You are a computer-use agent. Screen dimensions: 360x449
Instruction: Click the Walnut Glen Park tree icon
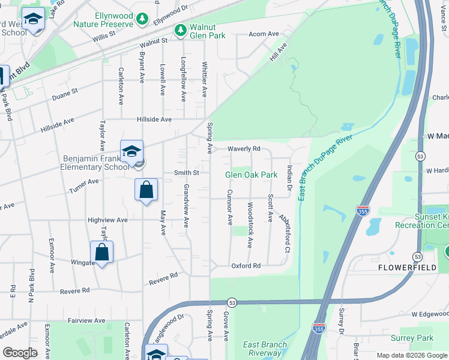pos(179,29)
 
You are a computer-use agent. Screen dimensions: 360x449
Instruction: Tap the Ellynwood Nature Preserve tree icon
pos(142,20)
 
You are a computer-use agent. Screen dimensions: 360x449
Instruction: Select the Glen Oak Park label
pos(252,175)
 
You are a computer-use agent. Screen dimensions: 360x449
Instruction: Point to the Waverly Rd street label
pos(244,149)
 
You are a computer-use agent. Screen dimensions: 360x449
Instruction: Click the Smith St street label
pos(187,173)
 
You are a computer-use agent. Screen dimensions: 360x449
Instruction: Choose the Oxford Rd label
pos(246,265)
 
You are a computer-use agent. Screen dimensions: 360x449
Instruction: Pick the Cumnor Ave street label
pos(229,208)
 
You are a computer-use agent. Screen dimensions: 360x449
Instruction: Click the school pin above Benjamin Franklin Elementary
pos(131,152)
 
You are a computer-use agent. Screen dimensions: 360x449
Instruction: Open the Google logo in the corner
pos(20,353)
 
